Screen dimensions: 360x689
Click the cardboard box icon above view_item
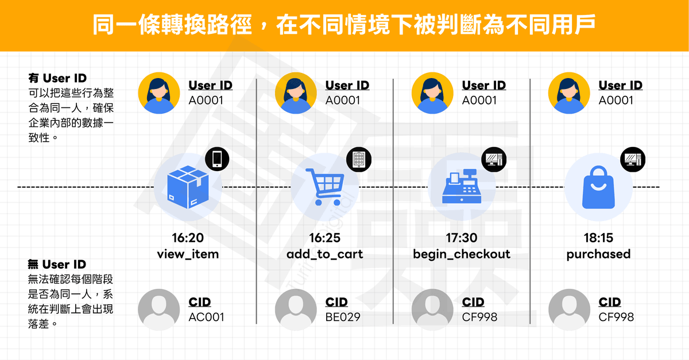click(187, 187)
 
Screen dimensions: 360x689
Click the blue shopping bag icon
click(598, 187)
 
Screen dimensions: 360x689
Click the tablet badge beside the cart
click(359, 158)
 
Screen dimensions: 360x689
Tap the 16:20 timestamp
click(188, 238)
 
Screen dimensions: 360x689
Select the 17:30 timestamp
click(462, 238)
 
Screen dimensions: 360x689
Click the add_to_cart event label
click(325, 254)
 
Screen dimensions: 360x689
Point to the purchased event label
click(598, 254)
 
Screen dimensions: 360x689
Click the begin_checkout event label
click(462, 254)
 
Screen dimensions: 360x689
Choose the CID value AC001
click(206, 316)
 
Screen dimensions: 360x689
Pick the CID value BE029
click(343, 316)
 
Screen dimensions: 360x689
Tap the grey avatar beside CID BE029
click(296, 310)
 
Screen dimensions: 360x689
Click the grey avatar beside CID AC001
click(159, 310)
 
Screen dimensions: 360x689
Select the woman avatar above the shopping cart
click(296, 93)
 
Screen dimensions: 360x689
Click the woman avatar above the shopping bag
click(569, 93)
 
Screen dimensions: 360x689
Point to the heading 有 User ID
click(57, 78)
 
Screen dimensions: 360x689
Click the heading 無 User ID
click(57, 265)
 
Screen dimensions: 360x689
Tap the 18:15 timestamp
click(598, 238)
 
